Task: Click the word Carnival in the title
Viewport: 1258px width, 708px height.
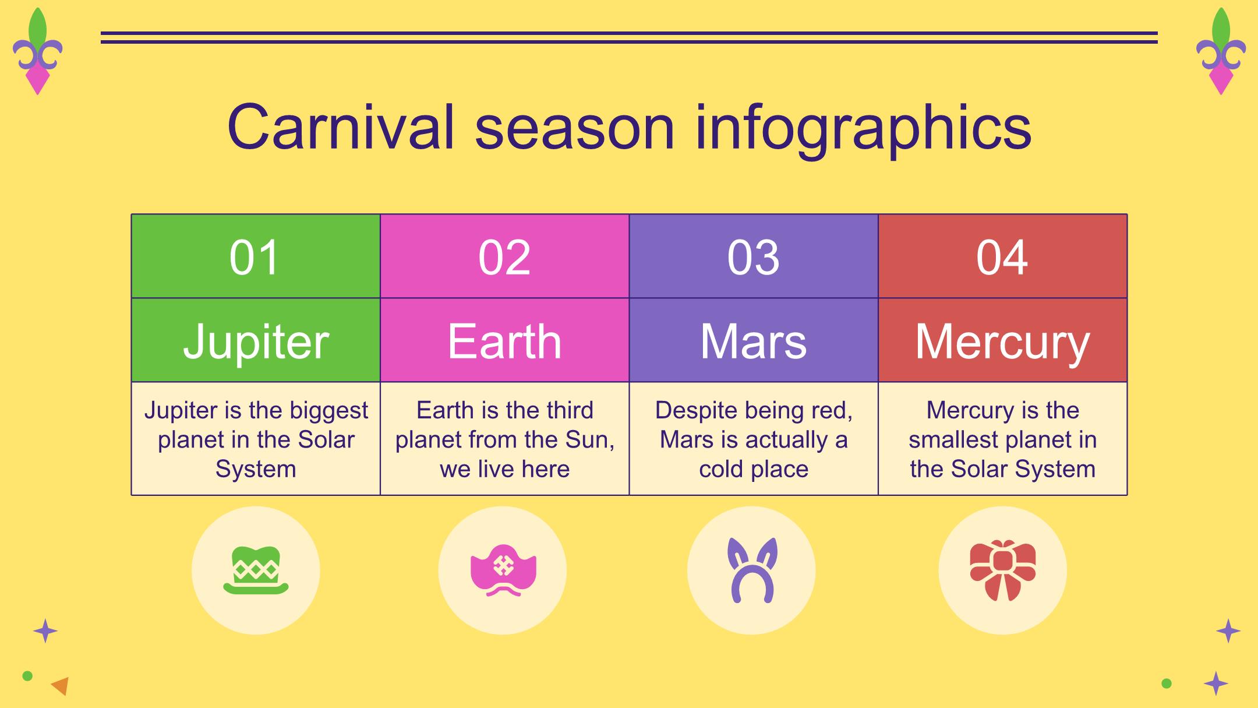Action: (x=341, y=126)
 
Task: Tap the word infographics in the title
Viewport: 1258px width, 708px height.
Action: (x=863, y=129)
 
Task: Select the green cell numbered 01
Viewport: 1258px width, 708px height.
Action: (x=256, y=256)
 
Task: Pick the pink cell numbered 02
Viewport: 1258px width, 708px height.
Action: (x=504, y=256)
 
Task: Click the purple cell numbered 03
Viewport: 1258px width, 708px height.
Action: (x=754, y=256)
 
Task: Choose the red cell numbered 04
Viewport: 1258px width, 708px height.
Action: (x=1002, y=256)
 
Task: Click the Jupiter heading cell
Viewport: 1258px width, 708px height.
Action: (x=256, y=340)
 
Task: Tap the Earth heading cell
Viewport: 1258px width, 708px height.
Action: (x=504, y=340)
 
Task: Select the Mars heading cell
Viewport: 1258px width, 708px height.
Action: (x=754, y=340)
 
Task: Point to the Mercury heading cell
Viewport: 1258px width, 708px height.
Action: (x=1002, y=340)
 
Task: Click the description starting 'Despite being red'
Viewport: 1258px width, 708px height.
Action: (x=754, y=439)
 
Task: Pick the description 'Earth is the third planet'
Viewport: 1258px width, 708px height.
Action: (x=504, y=439)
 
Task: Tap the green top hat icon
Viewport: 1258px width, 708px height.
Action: (x=256, y=570)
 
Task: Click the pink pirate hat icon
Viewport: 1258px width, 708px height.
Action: (x=503, y=570)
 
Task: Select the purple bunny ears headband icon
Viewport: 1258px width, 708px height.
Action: (x=752, y=570)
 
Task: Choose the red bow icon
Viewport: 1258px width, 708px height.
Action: (x=1002, y=570)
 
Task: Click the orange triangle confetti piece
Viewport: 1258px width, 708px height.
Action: (x=61, y=686)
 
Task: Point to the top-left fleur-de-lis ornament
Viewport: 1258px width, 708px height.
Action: (x=37, y=51)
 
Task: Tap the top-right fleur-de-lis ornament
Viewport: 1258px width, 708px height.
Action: (x=1221, y=51)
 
